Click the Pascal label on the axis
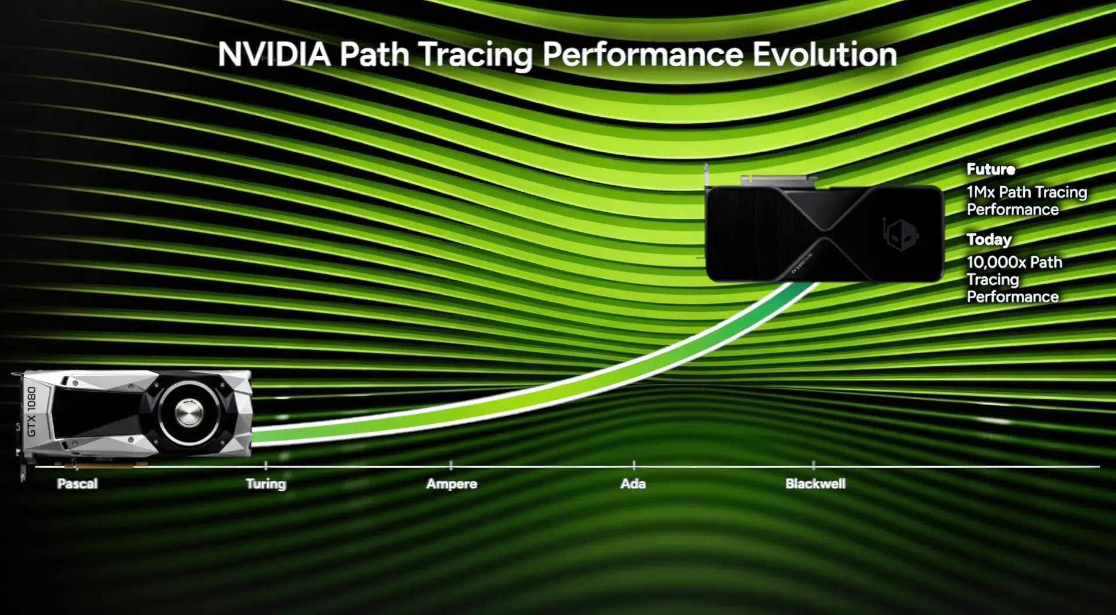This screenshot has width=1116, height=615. point(77,484)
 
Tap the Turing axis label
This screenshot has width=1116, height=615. point(266,484)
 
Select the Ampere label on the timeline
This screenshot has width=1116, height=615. point(452,484)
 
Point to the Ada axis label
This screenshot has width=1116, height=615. point(633,484)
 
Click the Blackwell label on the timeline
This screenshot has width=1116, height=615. point(815,484)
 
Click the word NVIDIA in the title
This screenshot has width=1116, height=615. point(274,55)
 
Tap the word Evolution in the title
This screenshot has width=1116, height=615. point(825,55)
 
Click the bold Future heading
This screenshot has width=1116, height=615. point(991,169)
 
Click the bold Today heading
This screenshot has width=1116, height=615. point(989,239)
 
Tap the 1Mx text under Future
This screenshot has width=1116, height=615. point(981,192)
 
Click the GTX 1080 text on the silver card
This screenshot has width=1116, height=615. point(31,412)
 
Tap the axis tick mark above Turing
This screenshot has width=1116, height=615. point(266,465)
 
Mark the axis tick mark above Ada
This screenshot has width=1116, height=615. point(634,465)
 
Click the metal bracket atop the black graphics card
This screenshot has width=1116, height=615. point(779,179)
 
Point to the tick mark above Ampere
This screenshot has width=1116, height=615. point(451,465)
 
